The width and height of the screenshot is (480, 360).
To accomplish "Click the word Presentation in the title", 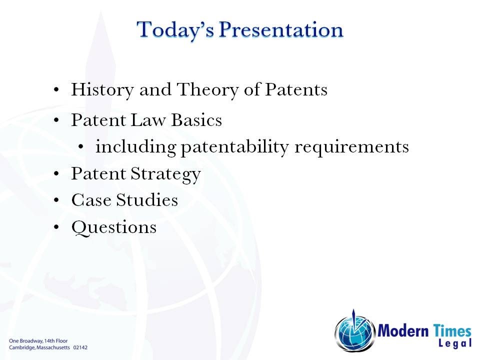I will tap(281, 29).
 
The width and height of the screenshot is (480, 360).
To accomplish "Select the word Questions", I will tap(114, 227).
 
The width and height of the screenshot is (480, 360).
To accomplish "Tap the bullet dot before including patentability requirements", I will tap(81, 148).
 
